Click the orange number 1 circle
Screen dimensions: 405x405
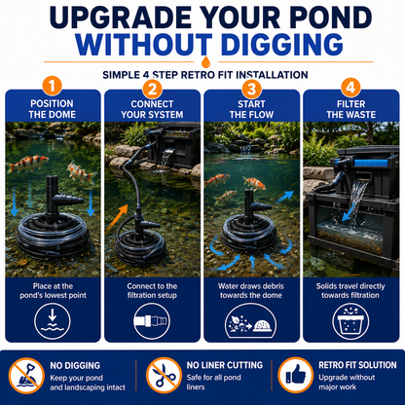click(x=52, y=87)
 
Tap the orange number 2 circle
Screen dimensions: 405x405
click(x=152, y=89)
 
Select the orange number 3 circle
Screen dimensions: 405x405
click(x=252, y=89)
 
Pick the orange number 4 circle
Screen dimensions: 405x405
click(x=350, y=88)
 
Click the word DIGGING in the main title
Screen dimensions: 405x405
click(x=283, y=44)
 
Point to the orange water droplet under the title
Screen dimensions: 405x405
click(x=205, y=61)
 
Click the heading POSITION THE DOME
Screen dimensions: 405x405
click(x=53, y=109)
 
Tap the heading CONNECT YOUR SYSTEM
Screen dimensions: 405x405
click(x=152, y=109)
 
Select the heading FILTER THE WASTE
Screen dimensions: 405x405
click(x=351, y=109)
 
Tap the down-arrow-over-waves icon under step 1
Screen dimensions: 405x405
click(x=53, y=321)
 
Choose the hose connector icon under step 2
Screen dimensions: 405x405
click(x=152, y=321)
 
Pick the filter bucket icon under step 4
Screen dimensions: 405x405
click(x=350, y=321)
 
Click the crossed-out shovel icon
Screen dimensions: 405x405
click(x=26, y=376)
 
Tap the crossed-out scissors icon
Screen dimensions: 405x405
click(x=164, y=376)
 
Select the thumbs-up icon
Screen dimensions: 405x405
click(x=296, y=375)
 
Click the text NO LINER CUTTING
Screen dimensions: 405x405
click(x=225, y=365)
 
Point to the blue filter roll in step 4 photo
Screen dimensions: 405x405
click(x=370, y=162)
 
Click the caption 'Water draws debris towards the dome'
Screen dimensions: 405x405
click(x=251, y=291)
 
